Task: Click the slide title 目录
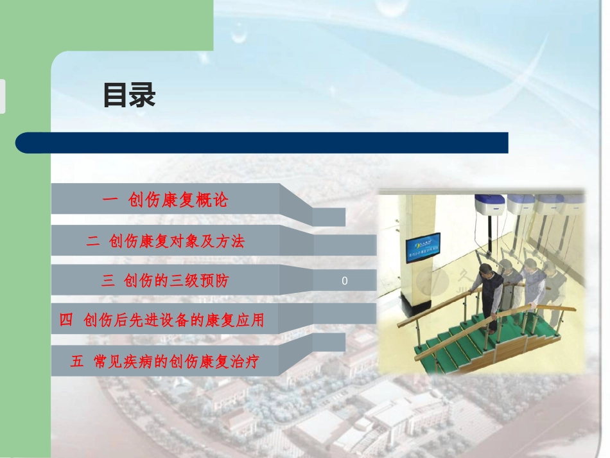click(129, 96)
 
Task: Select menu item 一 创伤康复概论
click(165, 200)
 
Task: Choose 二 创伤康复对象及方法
click(165, 242)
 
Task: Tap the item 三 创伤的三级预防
click(165, 281)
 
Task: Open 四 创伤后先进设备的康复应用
click(162, 320)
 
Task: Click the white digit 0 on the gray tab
click(345, 281)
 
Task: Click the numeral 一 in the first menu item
click(110, 200)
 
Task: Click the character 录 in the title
click(143, 96)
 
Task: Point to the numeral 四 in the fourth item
click(66, 320)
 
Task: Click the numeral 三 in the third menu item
click(107, 281)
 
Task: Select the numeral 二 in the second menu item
click(93, 242)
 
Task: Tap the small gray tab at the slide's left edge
click(3, 96)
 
